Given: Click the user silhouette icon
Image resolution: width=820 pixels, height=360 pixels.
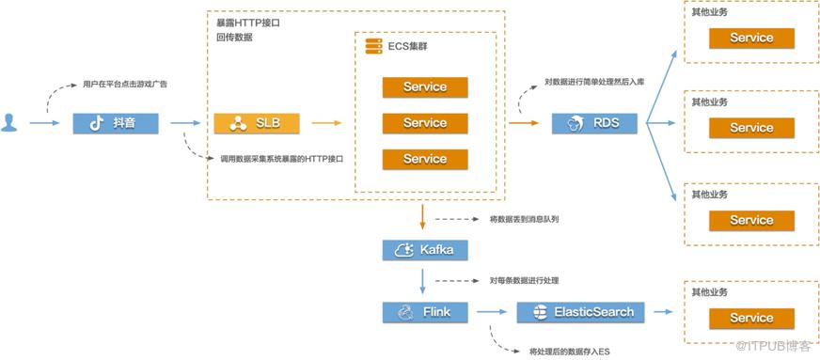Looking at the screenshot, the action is (8, 122).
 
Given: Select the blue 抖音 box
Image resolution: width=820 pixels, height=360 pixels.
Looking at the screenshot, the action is (116, 123).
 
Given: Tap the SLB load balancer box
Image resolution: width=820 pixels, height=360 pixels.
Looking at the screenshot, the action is (257, 123).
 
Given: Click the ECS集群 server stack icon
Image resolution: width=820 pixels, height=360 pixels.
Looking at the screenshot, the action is (373, 46).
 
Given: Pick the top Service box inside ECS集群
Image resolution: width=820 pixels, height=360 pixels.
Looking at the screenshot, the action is (425, 87).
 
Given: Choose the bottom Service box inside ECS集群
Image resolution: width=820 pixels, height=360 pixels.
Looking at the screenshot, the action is (425, 160).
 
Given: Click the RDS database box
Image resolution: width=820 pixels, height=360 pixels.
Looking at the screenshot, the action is (594, 123).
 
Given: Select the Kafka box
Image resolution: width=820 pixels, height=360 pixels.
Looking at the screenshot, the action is (425, 250).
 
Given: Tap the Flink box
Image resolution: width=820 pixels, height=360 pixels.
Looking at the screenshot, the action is (425, 312).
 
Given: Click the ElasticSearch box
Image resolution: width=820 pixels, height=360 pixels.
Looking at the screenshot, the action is (580, 312).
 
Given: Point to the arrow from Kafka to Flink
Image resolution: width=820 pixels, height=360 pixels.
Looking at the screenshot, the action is (422, 282).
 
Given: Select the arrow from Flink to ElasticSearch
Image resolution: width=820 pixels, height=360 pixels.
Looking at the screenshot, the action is (491, 312).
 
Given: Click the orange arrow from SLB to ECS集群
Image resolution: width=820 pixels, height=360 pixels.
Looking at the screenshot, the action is (326, 123).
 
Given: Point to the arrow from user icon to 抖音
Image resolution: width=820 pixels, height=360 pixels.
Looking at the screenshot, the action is (45, 123).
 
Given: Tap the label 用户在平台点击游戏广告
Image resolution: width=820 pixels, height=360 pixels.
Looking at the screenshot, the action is (125, 84).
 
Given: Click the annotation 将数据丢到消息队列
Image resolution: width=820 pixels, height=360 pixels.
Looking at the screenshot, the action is (525, 219).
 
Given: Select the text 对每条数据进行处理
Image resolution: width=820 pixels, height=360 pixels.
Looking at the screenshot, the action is (525, 281).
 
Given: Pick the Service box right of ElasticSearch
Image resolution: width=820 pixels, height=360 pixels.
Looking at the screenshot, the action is (751, 319).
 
